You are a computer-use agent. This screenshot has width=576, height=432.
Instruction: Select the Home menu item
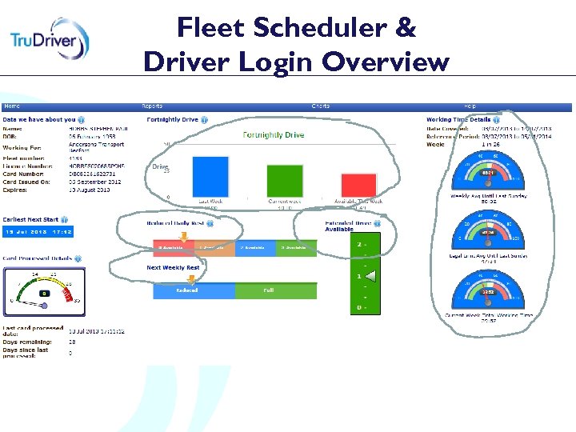point(12,106)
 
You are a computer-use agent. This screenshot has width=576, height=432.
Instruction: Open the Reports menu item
point(152,106)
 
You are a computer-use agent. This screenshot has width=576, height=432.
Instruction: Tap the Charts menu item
point(320,106)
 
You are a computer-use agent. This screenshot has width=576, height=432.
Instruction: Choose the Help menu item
point(470,106)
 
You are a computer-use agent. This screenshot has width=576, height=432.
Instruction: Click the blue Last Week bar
point(210,176)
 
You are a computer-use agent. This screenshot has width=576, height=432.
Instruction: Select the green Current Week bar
point(283,181)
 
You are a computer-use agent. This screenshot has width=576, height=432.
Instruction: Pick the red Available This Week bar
point(358,185)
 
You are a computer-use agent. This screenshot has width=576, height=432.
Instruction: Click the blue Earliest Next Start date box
point(38,232)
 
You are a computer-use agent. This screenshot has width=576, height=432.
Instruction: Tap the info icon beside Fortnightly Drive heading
point(205,120)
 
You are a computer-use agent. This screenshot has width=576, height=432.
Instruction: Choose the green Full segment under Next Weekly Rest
point(269,290)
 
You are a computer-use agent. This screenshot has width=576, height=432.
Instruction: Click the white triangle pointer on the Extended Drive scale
point(370,277)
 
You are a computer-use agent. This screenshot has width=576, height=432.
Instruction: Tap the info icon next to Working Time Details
point(498,120)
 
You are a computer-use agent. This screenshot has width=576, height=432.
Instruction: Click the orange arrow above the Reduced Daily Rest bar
point(183,237)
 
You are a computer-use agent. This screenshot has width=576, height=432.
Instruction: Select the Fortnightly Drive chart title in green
point(274,135)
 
